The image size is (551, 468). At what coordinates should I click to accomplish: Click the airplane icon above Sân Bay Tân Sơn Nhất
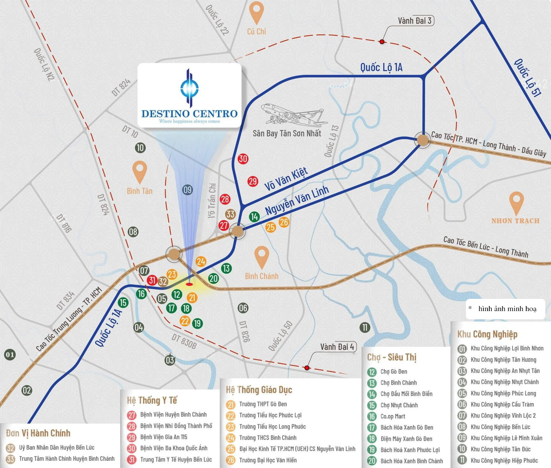click(x=295, y=114)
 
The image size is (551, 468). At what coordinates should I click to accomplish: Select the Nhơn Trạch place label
click(x=515, y=221)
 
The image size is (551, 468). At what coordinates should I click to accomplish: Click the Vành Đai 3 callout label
click(x=414, y=21)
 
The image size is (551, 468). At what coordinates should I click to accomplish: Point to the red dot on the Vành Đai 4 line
click(x=307, y=368)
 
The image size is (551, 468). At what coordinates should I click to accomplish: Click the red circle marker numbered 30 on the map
click(x=243, y=159)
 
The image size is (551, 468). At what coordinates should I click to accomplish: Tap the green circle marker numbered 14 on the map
click(x=254, y=216)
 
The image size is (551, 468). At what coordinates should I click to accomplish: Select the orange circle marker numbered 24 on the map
click(x=201, y=262)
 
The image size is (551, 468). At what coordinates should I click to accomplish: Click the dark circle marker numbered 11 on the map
click(x=365, y=327)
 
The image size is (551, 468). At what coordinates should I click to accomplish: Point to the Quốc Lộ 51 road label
click(x=527, y=78)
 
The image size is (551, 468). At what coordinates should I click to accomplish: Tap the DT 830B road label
click(x=184, y=342)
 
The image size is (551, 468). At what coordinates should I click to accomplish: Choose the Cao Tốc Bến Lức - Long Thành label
click(x=486, y=247)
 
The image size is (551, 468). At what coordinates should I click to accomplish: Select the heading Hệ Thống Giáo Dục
click(x=259, y=390)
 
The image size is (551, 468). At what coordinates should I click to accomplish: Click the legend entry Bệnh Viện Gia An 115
click(x=164, y=437)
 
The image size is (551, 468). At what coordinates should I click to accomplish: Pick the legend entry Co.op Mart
click(x=393, y=416)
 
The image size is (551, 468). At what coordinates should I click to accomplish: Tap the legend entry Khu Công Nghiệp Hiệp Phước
click(x=504, y=460)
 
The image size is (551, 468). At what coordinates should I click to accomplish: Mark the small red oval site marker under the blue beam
click(x=189, y=285)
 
